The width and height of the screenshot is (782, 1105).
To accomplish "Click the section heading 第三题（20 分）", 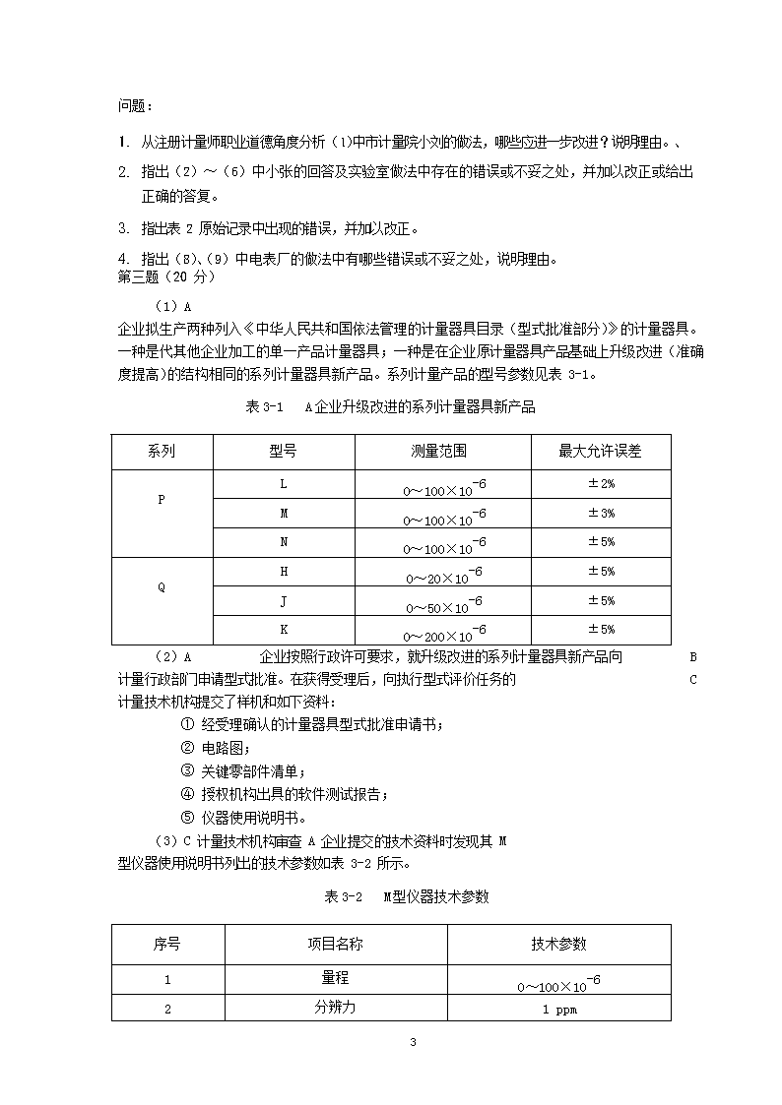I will [x=165, y=276].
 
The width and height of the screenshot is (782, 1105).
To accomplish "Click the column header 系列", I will [x=162, y=452].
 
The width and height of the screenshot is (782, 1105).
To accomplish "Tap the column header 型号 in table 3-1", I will [x=284, y=452].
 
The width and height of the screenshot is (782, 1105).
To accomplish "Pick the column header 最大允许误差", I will [x=600, y=452].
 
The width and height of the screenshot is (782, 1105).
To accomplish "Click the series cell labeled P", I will [x=162, y=499].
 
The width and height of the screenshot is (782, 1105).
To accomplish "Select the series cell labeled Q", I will [x=162, y=587].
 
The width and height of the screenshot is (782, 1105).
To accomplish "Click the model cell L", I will [x=284, y=484].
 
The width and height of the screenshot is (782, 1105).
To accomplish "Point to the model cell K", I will [x=284, y=630].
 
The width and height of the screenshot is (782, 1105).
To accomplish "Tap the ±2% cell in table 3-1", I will [x=601, y=484].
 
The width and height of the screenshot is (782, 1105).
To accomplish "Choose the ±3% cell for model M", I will [x=601, y=514].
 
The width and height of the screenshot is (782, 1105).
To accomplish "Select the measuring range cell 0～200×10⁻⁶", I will [x=443, y=633].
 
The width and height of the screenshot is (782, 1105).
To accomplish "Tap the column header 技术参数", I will [x=558, y=944].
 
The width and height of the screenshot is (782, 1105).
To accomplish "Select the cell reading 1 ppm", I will [x=558, y=1010].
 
